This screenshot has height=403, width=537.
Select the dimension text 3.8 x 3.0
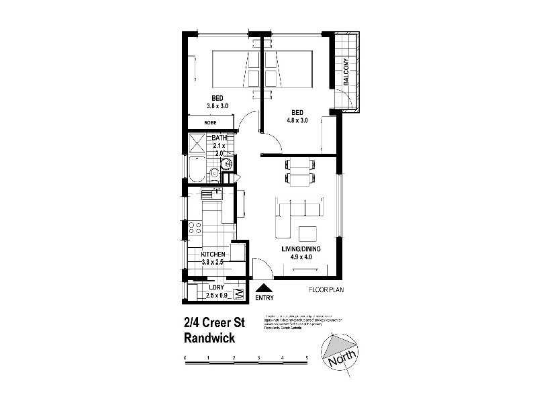click(x=217, y=106)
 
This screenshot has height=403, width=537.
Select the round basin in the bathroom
click(x=228, y=162)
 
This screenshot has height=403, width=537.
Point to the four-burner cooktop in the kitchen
click(x=195, y=227)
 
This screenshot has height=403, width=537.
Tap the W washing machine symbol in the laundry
click(x=237, y=293)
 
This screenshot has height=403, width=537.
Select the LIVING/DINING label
click(x=300, y=249)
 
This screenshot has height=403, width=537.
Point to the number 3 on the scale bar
click(x=258, y=357)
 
